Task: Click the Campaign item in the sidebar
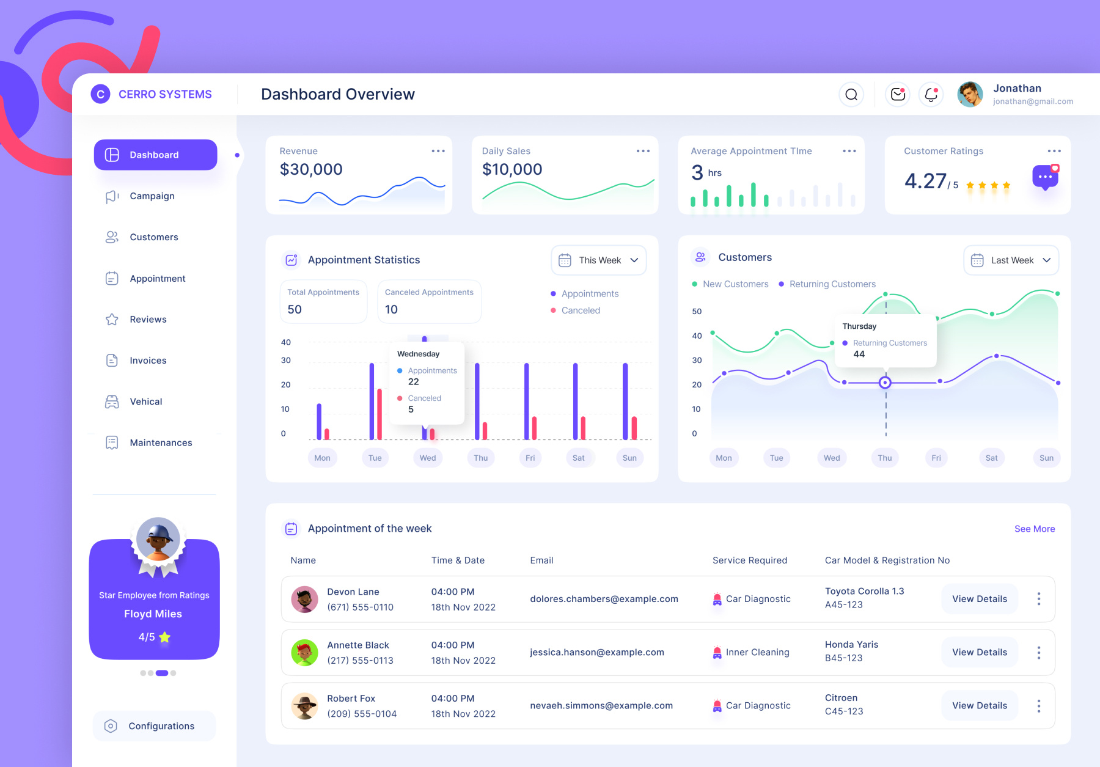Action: pyautogui.click(x=152, y=196)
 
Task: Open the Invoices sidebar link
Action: pyautogui.click(x=148, y=361)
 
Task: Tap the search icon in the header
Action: pyautogui.click(x=851, y=94)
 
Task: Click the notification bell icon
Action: pyautogui.click(x=931, y=94)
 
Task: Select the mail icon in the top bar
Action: pyautogui.click(x=897, y=94)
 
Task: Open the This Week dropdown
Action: pyautogui.click(x=599, y=260)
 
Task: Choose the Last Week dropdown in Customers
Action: pyautogui.click(x=1011, y=260)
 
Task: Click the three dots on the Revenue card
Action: pyautogui.click(x=438, y=151)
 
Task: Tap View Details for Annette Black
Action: pyautogui.click(x=979, y=652)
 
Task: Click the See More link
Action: pyautogui.click(x=1034, y=529)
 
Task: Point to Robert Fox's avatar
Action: pyautogui.click(x=304, y=706)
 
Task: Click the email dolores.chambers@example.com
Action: pyautogui.click(x=604, y=599)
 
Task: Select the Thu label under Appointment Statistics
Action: pyautogui.click(x=481, y=458)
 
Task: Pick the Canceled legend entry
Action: pyautogui.click(x=580, y=310)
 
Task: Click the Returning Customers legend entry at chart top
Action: pyautogui.click(x=832, y=284)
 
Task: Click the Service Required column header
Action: pyautogui.click(x=749, y=560)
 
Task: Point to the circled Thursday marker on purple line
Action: pyautogui.click(x=885, y=383)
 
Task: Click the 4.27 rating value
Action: pyautogui.click(x=925, y=181)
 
